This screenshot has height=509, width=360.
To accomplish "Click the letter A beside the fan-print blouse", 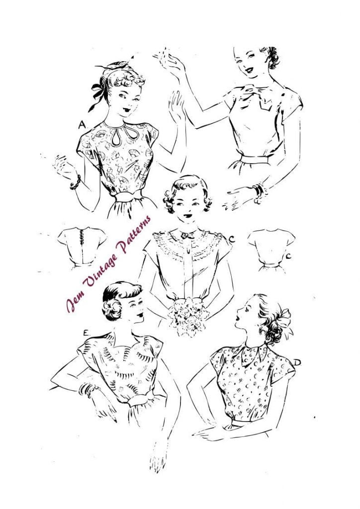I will [x=82, y=126].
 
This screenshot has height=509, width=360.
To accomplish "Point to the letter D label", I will [x=297, y=362].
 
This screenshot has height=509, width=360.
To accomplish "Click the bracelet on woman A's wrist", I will [x=75, y=182].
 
